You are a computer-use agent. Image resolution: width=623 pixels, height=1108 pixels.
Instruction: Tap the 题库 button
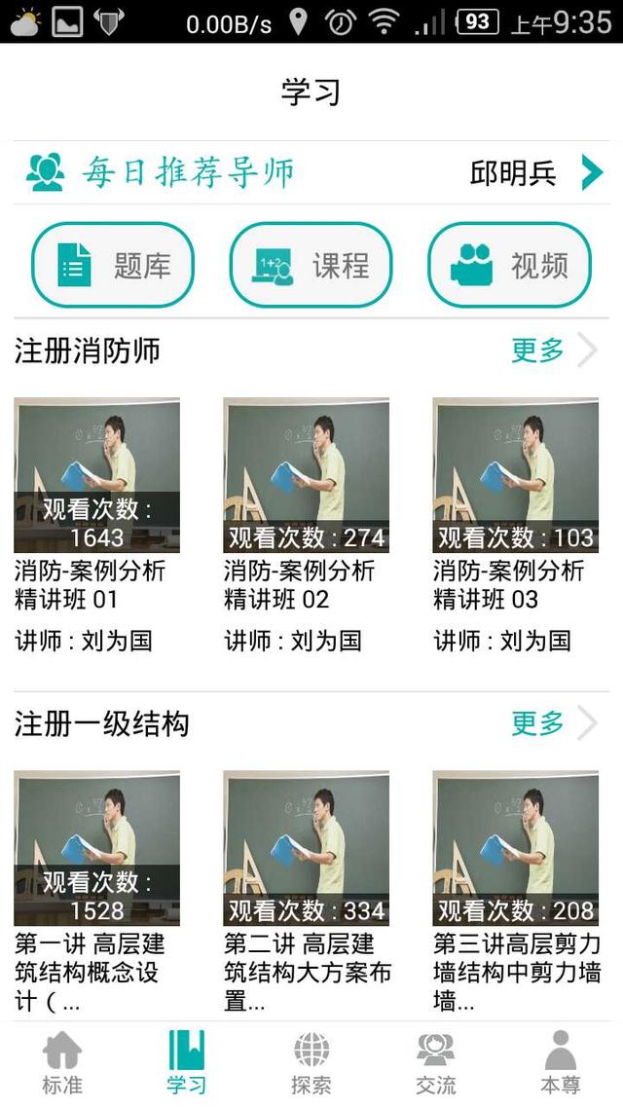113,265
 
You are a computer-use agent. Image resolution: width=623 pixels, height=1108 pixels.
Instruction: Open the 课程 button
311,265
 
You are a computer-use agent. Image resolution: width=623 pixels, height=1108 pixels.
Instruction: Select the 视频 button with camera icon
509,265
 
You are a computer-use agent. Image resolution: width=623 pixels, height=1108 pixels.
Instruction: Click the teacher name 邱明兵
513,173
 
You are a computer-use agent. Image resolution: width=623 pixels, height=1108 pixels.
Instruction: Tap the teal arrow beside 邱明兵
592,172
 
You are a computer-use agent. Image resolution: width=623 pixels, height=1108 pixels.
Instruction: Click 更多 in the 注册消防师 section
538,351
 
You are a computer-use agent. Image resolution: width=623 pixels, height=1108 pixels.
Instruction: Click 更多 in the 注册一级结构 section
538,723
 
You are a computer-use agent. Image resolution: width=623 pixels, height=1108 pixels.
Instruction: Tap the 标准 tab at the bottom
62,1063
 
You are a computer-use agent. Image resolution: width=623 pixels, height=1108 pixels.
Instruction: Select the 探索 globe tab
311,1063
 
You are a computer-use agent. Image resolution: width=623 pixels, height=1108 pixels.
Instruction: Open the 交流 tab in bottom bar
435,1063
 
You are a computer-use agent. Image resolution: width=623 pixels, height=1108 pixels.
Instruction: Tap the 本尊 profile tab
561,1063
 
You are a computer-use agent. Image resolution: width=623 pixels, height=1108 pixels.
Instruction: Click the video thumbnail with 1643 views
96,475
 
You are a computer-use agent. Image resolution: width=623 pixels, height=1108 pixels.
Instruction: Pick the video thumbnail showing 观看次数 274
306,475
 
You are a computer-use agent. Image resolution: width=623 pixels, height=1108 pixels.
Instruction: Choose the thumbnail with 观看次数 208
515,848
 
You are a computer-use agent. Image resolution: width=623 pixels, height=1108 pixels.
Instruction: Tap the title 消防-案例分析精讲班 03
508,584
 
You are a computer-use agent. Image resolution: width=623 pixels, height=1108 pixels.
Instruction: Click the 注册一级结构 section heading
101,724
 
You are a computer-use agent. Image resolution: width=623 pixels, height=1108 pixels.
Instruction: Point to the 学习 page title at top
311,92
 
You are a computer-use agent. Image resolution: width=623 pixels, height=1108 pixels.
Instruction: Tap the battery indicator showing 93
477,21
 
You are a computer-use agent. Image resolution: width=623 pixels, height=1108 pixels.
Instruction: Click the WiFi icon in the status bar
385,21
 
